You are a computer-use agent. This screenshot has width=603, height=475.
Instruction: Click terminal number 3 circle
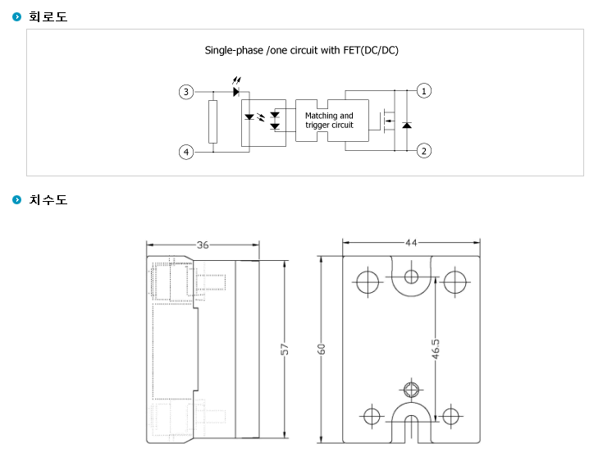pos(186,92)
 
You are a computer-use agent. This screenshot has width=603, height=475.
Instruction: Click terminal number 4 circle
pos(186,152)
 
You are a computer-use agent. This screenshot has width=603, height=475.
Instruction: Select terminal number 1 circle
pos(424,91)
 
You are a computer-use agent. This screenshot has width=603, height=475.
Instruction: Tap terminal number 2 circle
pos(424,151)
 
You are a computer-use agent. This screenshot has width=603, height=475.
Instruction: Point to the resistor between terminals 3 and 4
pos(212,121)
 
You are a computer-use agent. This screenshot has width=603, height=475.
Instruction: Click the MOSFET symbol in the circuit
pos(387,121)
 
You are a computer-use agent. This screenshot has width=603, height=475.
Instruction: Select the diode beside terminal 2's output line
pos(407,125)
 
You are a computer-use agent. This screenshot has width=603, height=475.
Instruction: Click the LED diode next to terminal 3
pos(236,92)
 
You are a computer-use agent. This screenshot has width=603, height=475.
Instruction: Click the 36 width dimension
pos(203,245)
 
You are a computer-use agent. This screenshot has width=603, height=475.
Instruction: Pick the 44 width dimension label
pos(411,243)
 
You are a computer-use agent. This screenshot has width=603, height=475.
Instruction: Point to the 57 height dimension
pos(284,349)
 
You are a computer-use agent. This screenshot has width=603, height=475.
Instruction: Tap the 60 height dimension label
pos(321,349)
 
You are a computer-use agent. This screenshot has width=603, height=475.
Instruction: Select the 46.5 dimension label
pos(436,349)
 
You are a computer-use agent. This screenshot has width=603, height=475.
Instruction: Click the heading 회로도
pos(48,17)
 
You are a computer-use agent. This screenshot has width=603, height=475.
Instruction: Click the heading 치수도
pos(48,200)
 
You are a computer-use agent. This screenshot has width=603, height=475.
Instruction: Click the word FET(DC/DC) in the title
pos(371,50)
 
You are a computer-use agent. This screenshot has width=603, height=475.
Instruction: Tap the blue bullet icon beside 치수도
pos(17,200)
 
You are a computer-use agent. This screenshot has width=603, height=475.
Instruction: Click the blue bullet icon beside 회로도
pos(17,17)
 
